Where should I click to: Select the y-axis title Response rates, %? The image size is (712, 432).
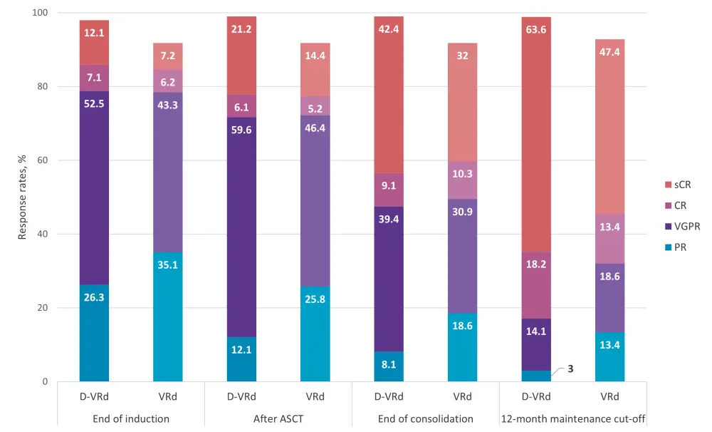[22, 197]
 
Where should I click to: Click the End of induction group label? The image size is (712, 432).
[131, 418]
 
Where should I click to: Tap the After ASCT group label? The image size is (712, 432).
[278, 418]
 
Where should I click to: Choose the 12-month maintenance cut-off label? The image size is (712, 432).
[572, 418]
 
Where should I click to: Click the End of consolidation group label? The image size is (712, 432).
[425, 418]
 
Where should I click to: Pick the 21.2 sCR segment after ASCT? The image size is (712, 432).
[241, 89]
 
